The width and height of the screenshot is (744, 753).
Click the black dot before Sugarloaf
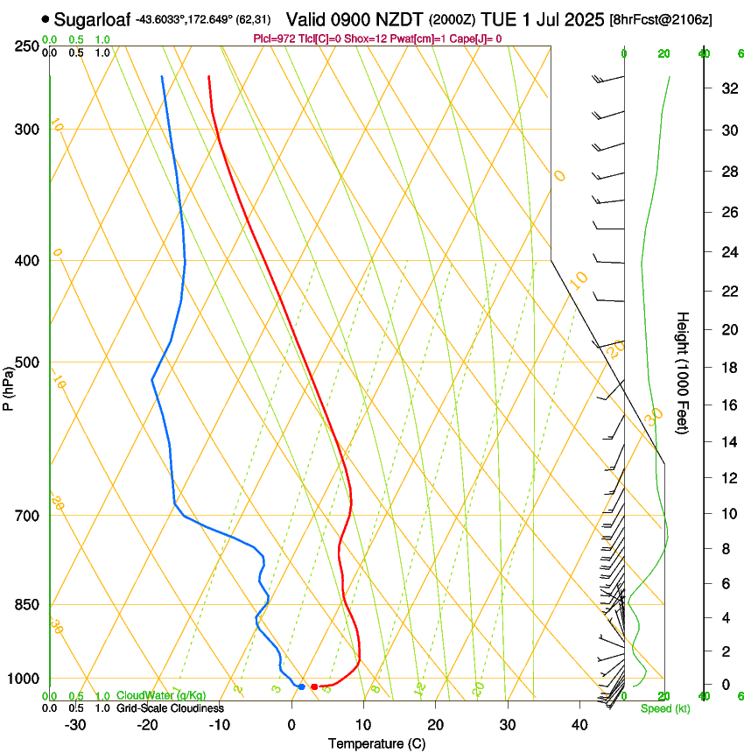coord(46,18)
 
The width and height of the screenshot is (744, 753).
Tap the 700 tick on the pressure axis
coord(27,515)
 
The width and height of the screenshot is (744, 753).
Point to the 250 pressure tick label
coord(27,46)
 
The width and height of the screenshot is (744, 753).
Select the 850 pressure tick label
coord(27,604)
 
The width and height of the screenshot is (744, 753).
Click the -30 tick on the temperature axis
coord(75,725)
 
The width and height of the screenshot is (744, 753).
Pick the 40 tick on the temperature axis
coord(579,725)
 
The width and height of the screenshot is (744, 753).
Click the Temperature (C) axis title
coord(376,743)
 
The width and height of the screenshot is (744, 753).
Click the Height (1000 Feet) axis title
coord(684,372)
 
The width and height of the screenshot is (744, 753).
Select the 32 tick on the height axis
coord(726,88)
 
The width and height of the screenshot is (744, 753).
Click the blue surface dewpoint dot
coord(301,686)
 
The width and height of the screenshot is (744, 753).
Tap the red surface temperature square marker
coord(314,686)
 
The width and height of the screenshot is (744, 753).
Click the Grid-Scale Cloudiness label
coord(170,707)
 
